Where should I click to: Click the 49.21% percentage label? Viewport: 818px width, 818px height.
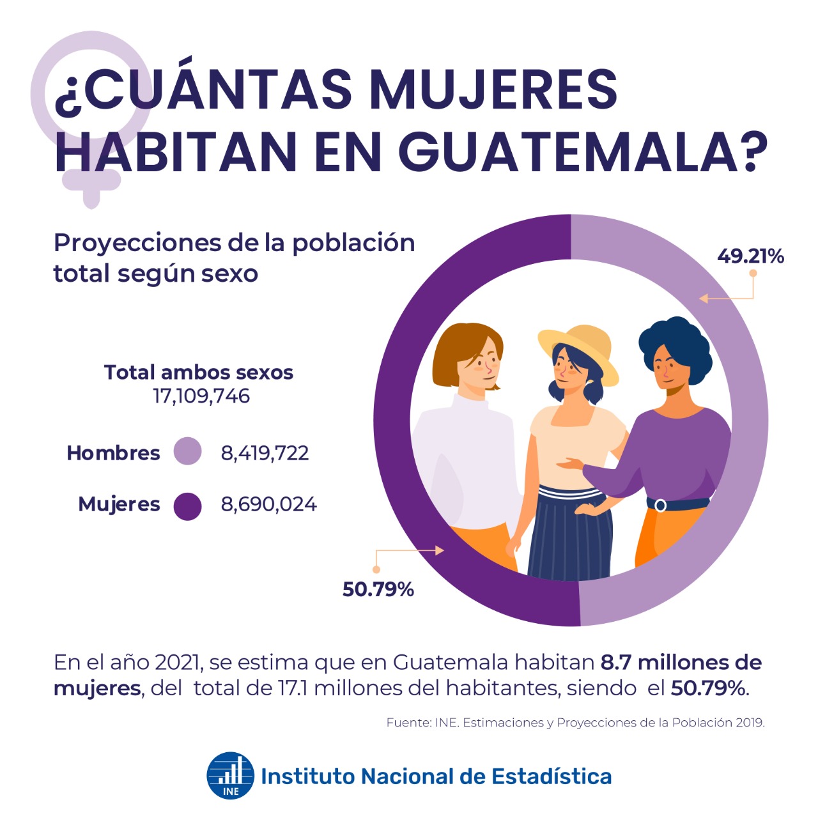click(750, 256)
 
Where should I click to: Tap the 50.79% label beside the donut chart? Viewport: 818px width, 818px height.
click(378, 589)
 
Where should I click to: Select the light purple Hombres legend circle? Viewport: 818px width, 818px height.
click(188, 451)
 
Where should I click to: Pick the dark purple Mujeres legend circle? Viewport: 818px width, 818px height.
click(188, 506)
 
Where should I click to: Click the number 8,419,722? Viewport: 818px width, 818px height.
click(265, 453)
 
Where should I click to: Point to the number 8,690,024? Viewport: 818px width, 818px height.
click(268, 504)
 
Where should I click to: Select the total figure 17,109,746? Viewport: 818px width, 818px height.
click(201, 396)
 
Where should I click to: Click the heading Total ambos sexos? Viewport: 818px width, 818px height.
click(199, 372)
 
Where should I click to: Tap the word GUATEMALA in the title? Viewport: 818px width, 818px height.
click(582, 152)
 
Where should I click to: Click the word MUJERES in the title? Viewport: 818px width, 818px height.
click(493, 89)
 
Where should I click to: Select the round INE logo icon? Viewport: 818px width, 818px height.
click(230, 775)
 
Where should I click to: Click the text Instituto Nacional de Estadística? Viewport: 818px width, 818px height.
click(436, 776)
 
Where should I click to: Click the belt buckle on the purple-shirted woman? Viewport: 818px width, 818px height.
click(661, 505)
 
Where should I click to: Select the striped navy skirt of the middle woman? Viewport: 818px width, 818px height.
click(571, 537)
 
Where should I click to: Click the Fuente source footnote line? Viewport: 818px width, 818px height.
click(575, 723)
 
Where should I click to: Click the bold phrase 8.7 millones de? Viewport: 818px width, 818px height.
click(681, 663)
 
